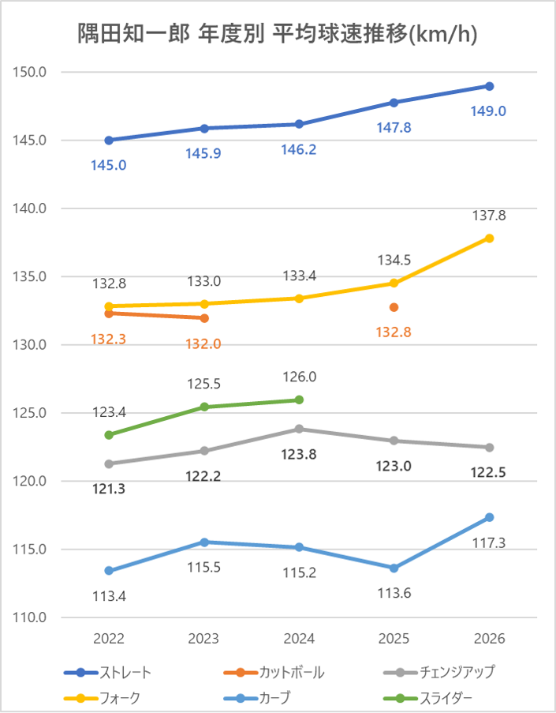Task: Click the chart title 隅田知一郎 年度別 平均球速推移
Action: [278, 33]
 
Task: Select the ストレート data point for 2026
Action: [489, 86]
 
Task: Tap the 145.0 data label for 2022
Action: [109, 166]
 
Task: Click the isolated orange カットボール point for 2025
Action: [394, 307]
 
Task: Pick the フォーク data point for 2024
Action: [299, 298]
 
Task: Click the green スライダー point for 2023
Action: [204, 407]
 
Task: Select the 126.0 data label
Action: [299, 377]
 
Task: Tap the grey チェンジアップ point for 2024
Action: [299, 429]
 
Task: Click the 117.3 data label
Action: [489, 542]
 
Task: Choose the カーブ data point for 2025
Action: [394, 568]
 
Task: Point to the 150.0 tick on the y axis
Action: [31, 73]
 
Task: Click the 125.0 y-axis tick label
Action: [31, 413]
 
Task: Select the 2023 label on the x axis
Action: [204, 638]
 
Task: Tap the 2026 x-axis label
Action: [489, 638]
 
